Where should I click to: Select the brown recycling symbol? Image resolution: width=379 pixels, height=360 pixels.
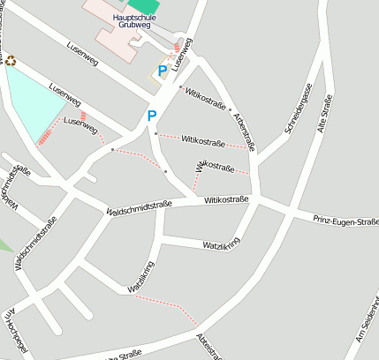coord(11,61)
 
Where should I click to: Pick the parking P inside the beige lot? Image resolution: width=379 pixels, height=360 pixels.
coord(162,71)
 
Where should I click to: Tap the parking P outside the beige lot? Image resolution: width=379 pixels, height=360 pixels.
coord(152,116)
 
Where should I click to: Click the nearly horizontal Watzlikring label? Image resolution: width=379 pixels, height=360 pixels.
coord(221,244)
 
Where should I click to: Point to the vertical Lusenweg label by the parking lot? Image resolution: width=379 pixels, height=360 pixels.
coord(183,55)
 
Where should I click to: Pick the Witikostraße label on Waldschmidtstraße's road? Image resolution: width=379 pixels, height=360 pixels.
coord(226,200)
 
